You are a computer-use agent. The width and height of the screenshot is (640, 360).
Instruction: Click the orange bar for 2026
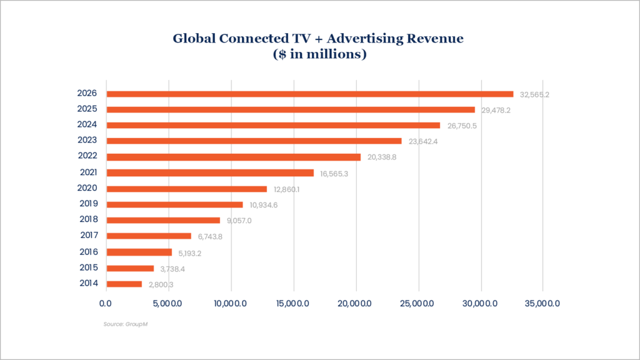point(310,94)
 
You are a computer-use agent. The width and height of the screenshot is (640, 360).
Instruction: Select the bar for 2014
point(124,284)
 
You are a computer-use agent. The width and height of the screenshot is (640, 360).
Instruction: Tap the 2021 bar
point(210,172)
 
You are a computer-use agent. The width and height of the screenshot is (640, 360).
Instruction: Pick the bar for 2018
point(163,220)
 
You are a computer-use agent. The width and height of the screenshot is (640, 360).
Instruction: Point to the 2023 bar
point(254,141)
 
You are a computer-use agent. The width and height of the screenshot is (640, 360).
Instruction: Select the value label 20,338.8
point(382,157)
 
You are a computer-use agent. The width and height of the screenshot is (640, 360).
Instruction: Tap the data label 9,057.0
point(239,220)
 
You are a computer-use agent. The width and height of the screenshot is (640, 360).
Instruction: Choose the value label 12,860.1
point(287,189)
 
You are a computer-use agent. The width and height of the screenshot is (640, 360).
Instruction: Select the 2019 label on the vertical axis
point(88,204)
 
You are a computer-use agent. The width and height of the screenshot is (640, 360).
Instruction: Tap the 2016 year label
point(88,252)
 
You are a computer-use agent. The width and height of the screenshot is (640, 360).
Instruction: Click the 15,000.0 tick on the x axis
point(294,303)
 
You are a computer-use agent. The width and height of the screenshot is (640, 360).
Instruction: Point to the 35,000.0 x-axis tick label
point(542,303)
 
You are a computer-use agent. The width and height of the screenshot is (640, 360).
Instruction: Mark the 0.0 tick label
point(107,303)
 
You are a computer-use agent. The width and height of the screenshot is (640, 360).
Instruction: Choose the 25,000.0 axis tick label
point(419,303)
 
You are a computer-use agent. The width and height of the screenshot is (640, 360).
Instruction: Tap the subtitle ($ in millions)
point(319,54)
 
